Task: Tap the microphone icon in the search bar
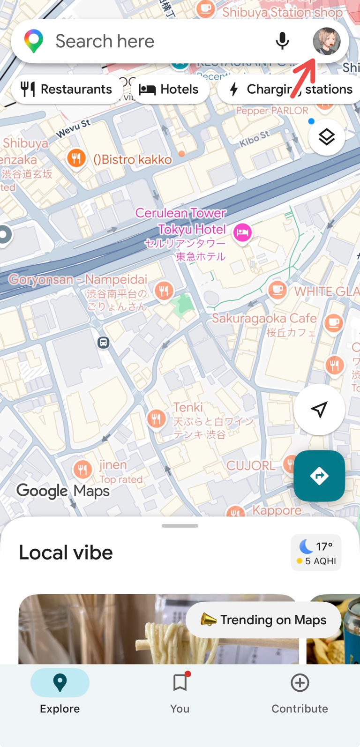(x=282, y=41)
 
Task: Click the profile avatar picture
(x=326, y=41)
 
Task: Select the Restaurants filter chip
(x=67, y=89)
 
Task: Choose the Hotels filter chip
(x=170, y=89)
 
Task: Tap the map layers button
(x=327, y=137)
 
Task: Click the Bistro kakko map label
(x=132, y=159)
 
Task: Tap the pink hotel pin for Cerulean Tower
(x=242, y=232)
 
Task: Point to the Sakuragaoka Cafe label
(x=264, y=319)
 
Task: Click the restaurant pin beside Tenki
(x=156, y=418)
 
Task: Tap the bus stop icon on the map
(x=103, y=343)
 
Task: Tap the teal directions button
(x=319, y=476)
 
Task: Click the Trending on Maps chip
(x=263, y=620)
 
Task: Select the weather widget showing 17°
(x=316, y=553)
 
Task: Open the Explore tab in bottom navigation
(x=60, y=691)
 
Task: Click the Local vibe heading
(x=66, y=553)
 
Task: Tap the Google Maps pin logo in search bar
(x=34, y=41)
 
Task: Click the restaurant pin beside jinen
(x=82, y=469)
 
